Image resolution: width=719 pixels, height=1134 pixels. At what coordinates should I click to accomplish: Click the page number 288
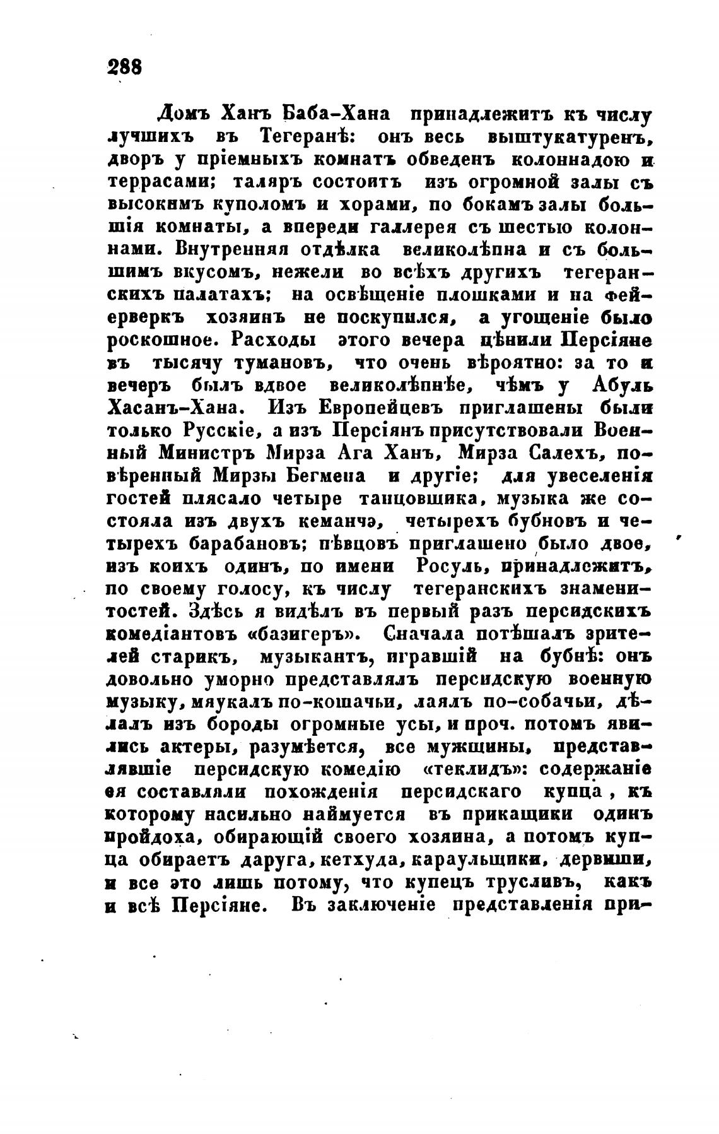pos(125,66)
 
